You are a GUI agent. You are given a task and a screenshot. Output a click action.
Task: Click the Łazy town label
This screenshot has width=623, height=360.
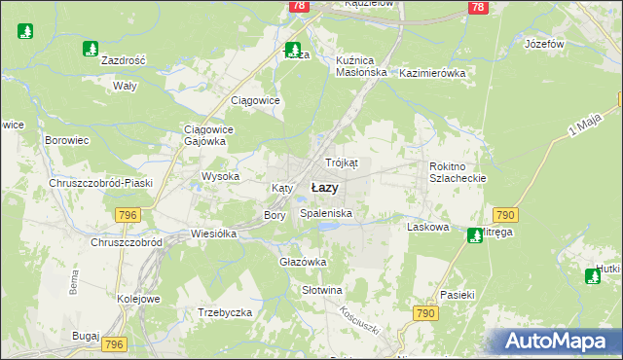point(324,188)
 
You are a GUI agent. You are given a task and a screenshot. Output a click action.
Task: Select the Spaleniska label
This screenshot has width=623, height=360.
point(326,212)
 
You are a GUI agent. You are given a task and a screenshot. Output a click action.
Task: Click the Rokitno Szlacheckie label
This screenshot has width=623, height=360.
point(457,172)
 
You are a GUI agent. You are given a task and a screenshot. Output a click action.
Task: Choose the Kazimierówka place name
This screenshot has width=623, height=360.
point(432,73)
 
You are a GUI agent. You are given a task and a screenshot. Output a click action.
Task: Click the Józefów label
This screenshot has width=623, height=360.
point(544,45)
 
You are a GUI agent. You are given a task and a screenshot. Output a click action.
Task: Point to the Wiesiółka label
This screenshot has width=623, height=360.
point(215,234)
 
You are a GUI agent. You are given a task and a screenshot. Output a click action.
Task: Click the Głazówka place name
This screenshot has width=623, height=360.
point(303,262)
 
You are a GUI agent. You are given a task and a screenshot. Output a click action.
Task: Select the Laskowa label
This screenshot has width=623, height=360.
point(427,227)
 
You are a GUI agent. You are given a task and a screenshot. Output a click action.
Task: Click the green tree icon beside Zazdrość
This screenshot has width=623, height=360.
point(91,48)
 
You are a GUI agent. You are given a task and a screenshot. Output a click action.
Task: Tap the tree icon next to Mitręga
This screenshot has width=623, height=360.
point(474,234)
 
